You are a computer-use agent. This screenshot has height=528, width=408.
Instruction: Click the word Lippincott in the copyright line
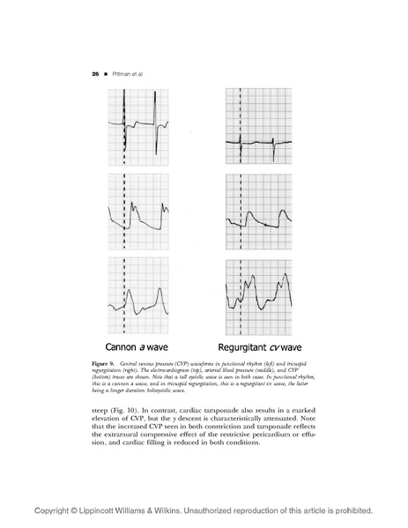pos(111,510)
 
